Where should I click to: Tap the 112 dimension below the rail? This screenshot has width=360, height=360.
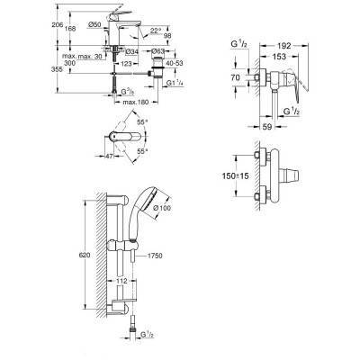(121, 278)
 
